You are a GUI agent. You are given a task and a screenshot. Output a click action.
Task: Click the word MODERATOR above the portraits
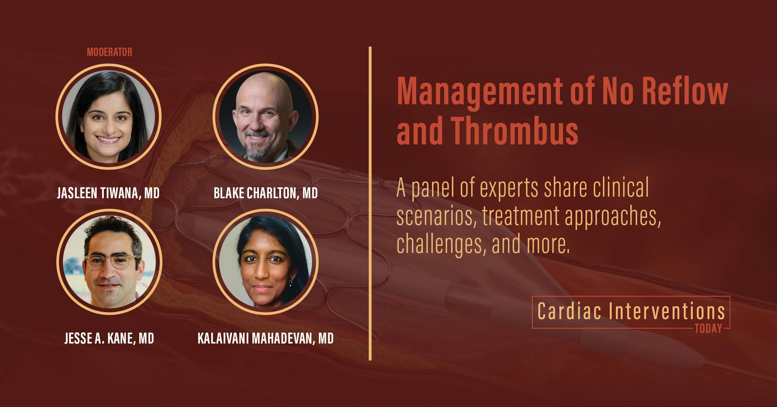[109, 52]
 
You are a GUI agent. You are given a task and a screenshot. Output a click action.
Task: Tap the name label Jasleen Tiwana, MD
[108, 193]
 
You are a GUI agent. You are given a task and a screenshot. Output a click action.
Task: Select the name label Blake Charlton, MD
[266, 193]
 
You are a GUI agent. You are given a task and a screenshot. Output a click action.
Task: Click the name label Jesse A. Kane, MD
[109, 338]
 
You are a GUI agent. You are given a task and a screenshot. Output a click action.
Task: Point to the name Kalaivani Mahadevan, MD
[265, 338]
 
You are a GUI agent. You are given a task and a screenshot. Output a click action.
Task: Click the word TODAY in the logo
[709, 329]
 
